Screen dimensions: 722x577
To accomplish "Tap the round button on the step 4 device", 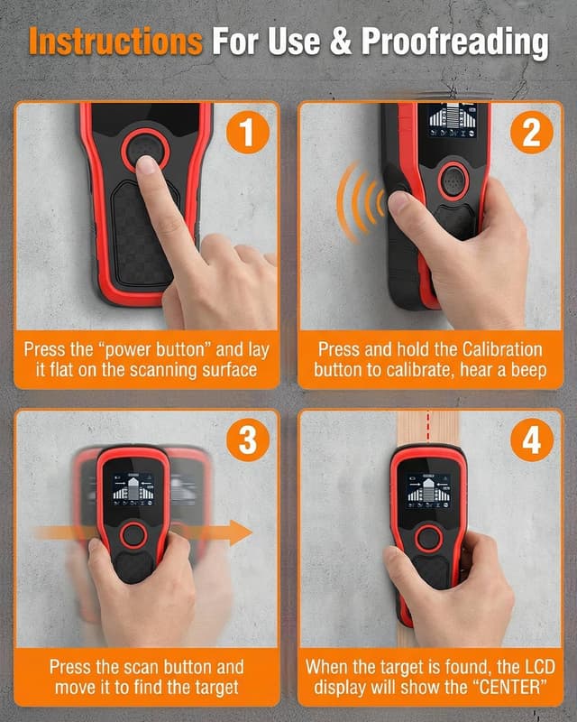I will [426, 539].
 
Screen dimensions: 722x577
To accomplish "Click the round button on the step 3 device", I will [133, 535].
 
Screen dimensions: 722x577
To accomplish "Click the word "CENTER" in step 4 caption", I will [494, 689].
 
